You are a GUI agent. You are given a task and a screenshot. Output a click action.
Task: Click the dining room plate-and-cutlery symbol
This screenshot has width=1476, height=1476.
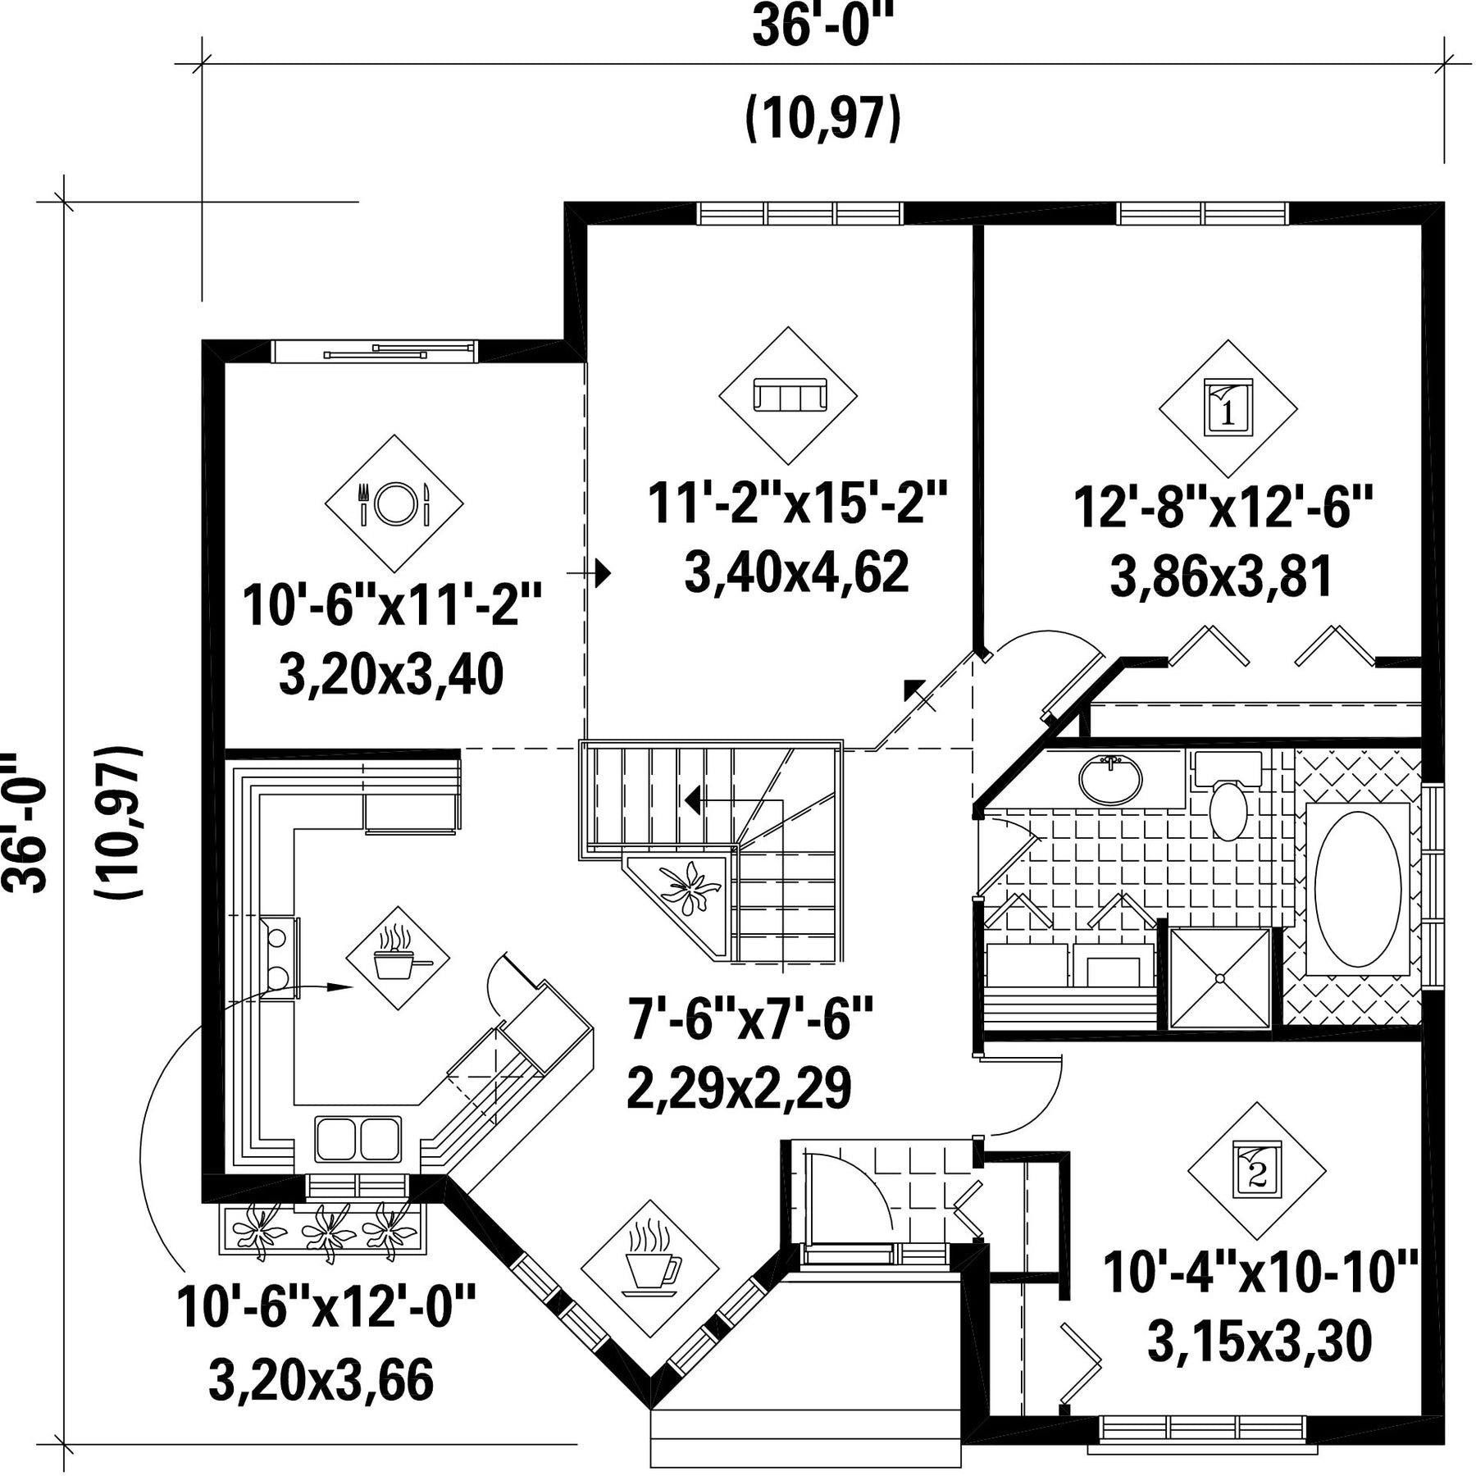coord(394,503)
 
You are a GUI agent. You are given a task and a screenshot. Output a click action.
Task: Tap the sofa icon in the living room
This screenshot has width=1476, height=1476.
coord(788,395)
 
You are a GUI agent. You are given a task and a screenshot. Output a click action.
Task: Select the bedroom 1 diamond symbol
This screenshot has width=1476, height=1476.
coord(1228,408)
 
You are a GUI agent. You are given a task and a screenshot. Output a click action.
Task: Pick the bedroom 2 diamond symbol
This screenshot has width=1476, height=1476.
coord(1256,1171)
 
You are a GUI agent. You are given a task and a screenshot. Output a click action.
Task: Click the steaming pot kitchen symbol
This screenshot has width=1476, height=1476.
coord(399,958)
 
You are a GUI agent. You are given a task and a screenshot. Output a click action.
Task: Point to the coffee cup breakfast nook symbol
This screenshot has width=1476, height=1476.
coord(649,1270)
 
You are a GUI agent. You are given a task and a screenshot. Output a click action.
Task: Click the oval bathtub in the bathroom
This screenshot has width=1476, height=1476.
coord(1358,889)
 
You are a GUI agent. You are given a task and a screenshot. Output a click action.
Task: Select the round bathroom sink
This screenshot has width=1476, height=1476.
coord(1110,780)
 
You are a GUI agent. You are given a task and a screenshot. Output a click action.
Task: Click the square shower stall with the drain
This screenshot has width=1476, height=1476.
coord(1219,977)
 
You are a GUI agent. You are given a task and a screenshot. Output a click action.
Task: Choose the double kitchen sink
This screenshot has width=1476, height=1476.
coord(358,1139)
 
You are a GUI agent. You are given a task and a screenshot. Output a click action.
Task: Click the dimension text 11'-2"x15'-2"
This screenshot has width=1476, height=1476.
coord(797,503)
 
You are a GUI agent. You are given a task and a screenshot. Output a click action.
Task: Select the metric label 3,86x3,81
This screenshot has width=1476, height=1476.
coord(1222,576)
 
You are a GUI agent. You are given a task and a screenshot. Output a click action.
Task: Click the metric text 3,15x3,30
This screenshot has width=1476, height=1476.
coord(1260,1342)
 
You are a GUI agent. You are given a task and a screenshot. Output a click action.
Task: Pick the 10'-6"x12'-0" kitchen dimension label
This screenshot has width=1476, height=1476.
coord(326,1306)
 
